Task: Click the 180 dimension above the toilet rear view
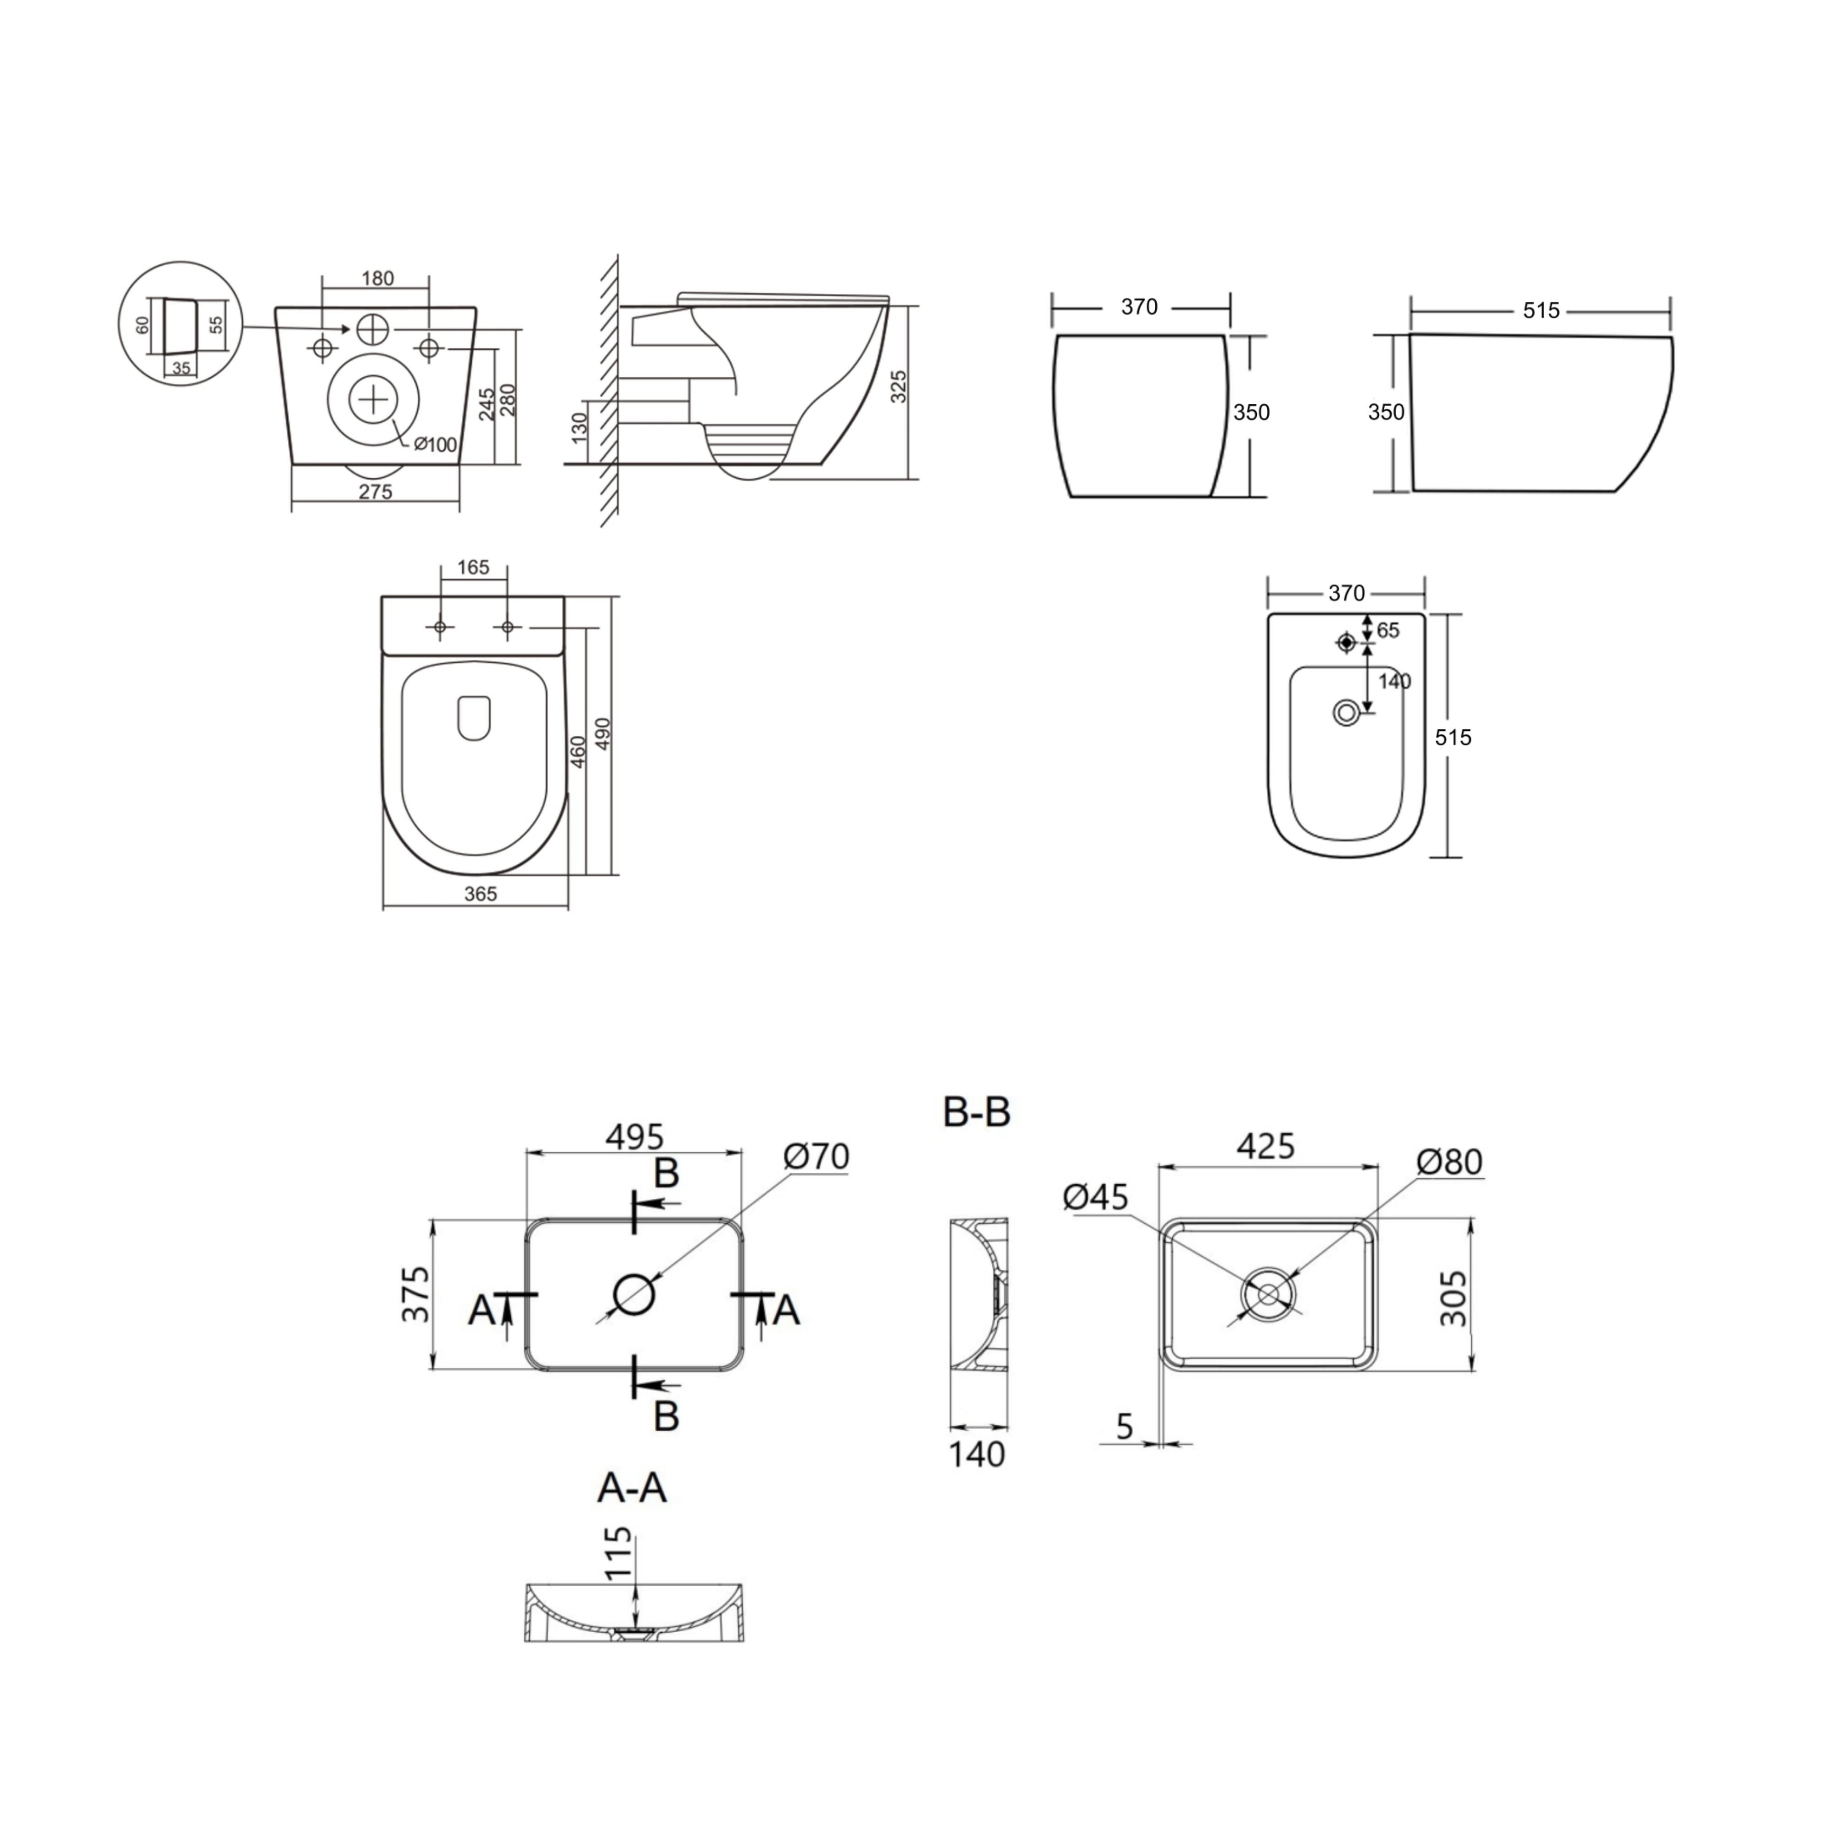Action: point(377,279)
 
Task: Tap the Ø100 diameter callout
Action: point(435,445)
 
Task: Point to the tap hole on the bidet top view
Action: point(1346,644)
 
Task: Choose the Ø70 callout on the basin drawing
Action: point(816,1157)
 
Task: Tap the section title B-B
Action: point(976,1112)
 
